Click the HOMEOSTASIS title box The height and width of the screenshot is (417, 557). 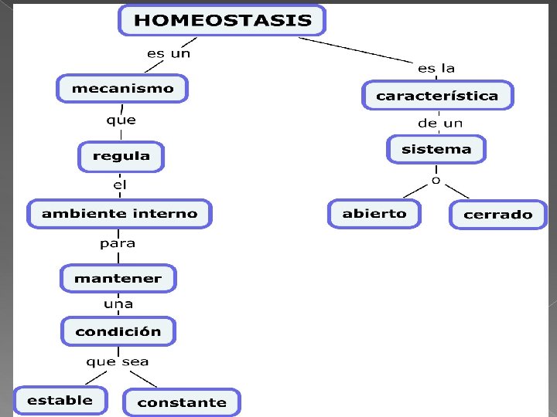(x=222, y=20)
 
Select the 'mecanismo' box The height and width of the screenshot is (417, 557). (x=122, y=88)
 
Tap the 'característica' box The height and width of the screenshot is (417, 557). (x=437, y=96)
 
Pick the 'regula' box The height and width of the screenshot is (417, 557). (x=121, y=156)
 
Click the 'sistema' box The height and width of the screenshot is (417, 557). (x=436, y=149)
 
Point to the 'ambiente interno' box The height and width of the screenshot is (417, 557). (x=119, y=213)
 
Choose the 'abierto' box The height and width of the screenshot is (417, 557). (x=374, y=213)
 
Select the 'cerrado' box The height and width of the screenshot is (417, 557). (x=497, y=214)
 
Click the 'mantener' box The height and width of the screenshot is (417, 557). (x=118, y=278)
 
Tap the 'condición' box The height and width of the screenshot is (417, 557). (x=118, y=331)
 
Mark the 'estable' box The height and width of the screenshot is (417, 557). (x=60, y=400)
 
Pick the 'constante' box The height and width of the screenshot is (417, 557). (x=182, y=402)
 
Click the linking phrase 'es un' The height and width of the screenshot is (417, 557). (x=169, y=53)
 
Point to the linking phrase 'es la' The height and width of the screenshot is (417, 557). (x=436, y=68)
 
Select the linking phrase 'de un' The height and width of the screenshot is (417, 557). (x=440, y=123)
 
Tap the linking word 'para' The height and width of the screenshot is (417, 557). (x=118, y=243)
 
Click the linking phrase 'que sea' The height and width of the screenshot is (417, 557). (x=118, y=361)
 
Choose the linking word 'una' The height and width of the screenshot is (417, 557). (x=118, y=304)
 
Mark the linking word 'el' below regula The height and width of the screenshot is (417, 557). (x=120, y=185)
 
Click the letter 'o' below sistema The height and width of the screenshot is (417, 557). (x=436, y=180)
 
